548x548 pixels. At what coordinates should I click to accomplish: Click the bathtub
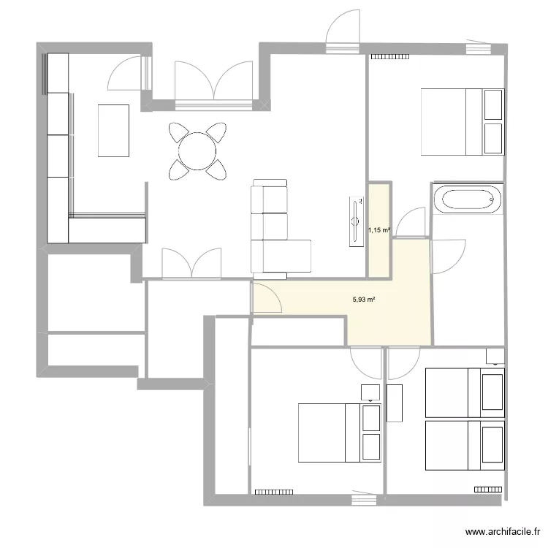[466, 199]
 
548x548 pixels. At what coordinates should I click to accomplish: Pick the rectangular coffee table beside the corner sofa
[113, 130]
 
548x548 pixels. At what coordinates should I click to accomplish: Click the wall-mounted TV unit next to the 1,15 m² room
[356, 221]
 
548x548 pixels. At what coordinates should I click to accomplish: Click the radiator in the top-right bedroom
[390, 56]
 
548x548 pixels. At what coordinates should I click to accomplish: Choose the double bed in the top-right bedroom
[462, 122]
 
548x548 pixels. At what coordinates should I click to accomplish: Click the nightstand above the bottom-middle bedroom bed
[370, 392]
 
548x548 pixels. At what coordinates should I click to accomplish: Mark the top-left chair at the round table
[178, 132]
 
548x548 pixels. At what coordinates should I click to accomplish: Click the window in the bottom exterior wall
[362, 500]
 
